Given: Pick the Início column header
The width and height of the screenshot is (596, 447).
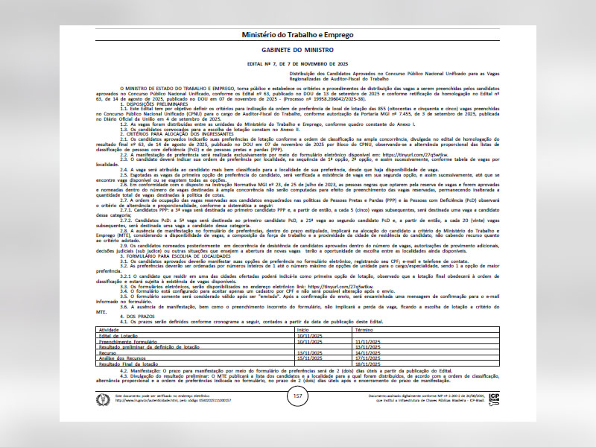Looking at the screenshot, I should pos(303,329).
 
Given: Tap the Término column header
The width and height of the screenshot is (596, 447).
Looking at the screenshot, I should pos(364,329).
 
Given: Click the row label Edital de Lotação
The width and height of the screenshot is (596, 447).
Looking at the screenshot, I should pos(119,335).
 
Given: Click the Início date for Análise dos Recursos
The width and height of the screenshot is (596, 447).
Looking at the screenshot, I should pos(309,358).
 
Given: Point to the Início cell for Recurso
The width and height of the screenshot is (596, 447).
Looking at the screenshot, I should pos(309,352).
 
